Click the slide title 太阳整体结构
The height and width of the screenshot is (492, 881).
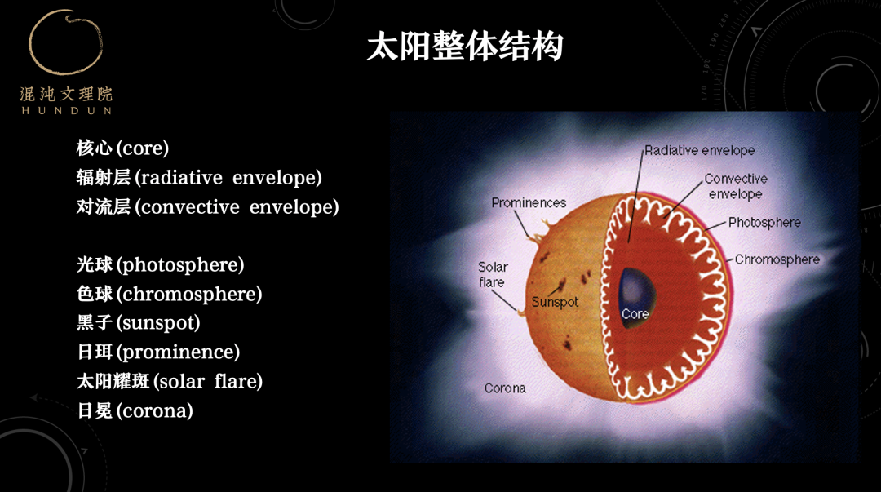tap(465, 47)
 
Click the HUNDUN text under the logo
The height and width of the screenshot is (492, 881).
tap(66, 111)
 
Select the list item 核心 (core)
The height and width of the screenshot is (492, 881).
tap(122, 148)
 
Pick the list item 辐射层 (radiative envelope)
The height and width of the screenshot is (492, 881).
tap(199, 178)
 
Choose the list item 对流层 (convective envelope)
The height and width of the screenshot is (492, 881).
tap(207, 207)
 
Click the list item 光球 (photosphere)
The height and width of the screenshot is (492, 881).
tap(160, 265)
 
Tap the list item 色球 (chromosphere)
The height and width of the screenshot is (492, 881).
tap(169, 294)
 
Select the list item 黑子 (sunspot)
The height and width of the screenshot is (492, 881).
tap(138, 323)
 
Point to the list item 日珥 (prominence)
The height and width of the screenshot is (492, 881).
tap(158, 352)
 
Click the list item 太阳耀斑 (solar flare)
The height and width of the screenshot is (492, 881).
tap(169, 381)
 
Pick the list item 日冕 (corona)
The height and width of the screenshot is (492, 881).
tap(135, 410)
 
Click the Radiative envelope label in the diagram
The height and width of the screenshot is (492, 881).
tap(700, 151)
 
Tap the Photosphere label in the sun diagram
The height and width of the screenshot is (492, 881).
tap(764, 223)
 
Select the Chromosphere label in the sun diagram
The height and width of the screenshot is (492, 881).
tap(777, 259)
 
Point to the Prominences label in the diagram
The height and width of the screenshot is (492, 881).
tap(529, 203)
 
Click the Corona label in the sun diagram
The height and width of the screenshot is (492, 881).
tap(505, 388)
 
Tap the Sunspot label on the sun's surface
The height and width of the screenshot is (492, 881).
tap(555, 302)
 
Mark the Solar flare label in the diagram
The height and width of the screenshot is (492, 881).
tap(493, 274)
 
